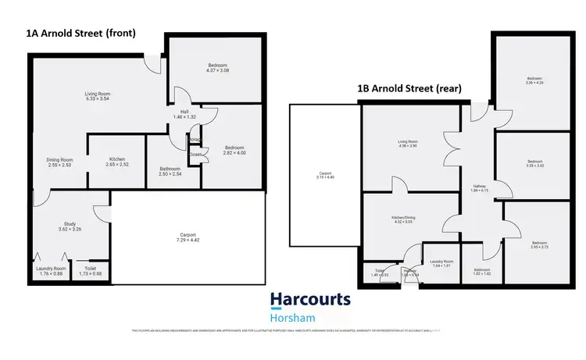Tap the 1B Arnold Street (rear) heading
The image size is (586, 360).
coord(409,89)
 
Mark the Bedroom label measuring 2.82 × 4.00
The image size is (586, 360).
coord(234,148)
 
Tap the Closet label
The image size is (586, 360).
coord(195,155)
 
